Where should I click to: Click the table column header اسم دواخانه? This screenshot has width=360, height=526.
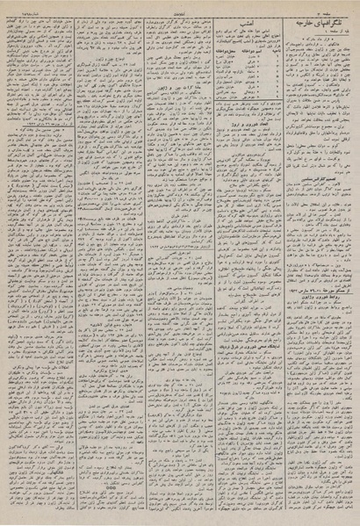247,54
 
